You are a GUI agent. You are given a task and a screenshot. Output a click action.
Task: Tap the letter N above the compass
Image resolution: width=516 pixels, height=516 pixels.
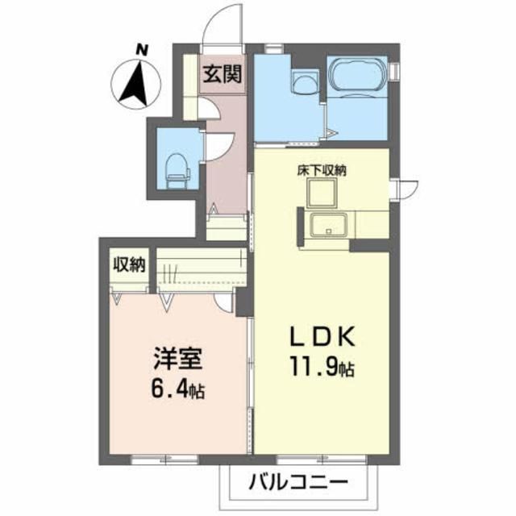click(142, 49)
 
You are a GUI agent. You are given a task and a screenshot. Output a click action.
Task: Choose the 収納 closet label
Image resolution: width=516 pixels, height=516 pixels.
click(127, 264)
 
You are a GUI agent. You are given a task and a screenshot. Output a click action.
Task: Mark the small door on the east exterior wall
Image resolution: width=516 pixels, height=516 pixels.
click(406, 188)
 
